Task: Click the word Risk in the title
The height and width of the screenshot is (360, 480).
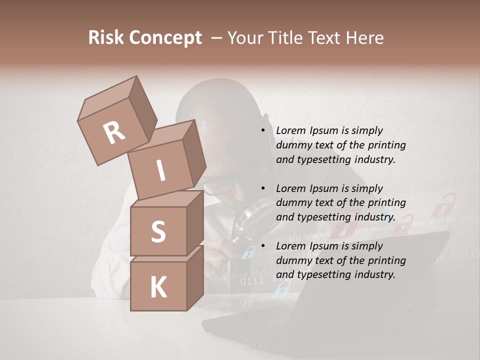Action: (x=106, y=38)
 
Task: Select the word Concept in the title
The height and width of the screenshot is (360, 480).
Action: (x=166, y=38)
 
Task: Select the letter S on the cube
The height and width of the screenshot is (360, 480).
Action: (x=158, y=231)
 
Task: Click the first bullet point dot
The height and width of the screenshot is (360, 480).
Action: (x=263, y=130)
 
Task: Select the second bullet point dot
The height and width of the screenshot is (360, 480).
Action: (x=263, y=188)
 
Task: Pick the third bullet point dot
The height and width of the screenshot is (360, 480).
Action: (x=263, y=246)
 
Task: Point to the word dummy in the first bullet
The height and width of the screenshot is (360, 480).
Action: (x=291, y=145)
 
